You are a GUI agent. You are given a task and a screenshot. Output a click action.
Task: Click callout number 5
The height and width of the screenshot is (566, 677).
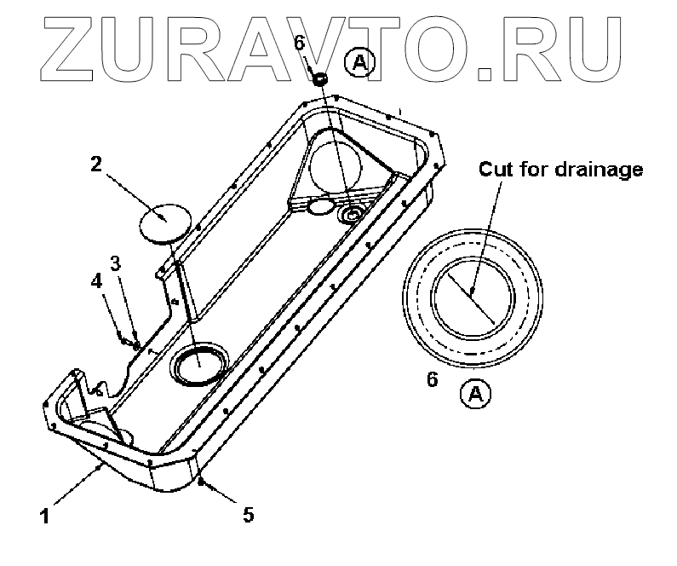[x=248, y=514]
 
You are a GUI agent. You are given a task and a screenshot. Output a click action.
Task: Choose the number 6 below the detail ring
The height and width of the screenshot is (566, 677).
[x=432, y=379]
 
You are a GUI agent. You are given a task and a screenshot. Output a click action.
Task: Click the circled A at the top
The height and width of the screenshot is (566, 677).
[x=359, y=62]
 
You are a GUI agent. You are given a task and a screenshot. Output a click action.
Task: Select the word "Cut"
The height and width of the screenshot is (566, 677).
[x=496, y=169]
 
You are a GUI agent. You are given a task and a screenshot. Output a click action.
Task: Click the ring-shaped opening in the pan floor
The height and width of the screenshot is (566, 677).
[x=198, y=364]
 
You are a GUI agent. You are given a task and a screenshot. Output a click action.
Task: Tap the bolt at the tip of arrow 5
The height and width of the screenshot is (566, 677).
[x=200, y=483]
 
